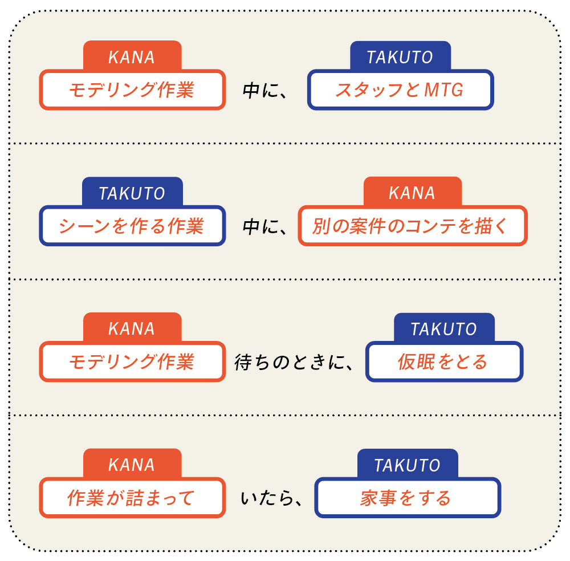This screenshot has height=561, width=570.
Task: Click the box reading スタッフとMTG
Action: point(400,90)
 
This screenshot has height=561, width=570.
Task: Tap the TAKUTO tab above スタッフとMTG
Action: point(400,57)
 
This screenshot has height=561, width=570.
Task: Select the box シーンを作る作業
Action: point(132,226)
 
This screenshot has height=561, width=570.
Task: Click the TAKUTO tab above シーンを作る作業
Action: point(132,193)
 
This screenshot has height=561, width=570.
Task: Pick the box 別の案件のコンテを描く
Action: point(413,226)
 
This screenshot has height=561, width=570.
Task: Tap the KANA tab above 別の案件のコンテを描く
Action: point(412,193)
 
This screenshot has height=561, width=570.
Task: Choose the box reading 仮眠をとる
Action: point(443,361)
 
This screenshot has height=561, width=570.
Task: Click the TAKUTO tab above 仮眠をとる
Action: point(443,329)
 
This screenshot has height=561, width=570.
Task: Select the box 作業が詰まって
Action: point(132,498)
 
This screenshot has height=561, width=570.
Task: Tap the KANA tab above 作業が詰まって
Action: point(132,465)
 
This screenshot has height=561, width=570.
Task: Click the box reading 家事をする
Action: point(407,498)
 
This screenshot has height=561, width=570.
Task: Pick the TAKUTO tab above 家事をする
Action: point(407,465)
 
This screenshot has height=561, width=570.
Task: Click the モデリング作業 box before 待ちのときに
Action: point(132,361)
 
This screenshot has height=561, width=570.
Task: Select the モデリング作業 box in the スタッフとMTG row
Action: point(132,90)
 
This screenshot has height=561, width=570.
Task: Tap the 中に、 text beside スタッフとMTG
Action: point(266,91)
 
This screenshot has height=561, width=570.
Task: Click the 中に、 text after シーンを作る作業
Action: point(266,226)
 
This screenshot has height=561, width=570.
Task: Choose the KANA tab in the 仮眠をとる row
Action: point(132,329)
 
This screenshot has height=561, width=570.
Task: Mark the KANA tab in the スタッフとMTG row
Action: point(132,57)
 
